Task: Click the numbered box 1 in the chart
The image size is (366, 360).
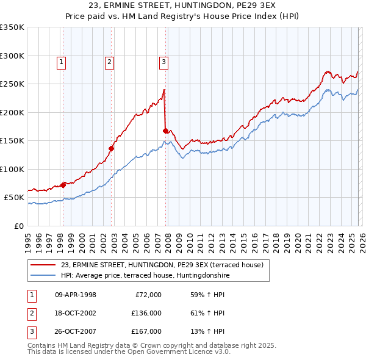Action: coord(62,61)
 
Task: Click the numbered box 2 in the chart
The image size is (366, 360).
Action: coord(109,61)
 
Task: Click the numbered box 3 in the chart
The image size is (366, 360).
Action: coord(164,61)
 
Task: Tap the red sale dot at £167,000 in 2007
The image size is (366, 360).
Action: coord(166,131)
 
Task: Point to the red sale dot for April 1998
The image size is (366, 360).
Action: coord(63,184)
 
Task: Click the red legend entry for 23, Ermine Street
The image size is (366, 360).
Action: coord(162,265)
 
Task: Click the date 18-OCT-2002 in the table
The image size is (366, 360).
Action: coord(76,313)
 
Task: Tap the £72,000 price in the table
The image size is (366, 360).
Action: coord(148,295)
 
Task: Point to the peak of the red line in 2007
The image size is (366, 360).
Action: coord(164,90)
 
